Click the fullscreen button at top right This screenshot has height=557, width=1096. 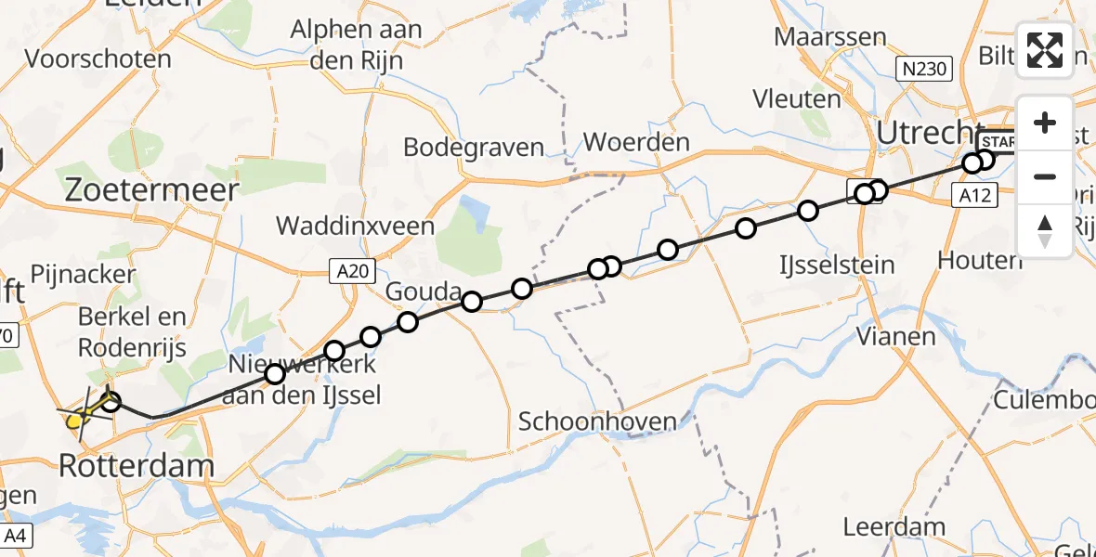pyautogui.click(x=1045, y=50)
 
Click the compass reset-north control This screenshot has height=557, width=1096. pyautogui.click(x=1045, y=231)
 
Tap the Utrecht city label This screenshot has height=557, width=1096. pyautogui.click(x=931, y=134)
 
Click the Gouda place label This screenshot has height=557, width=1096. pyautogui.click(x=424, y=291)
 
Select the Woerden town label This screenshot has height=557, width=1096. pyautogui.click(x=636, y=143)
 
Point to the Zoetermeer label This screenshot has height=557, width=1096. pyautogui.click(x=150, y=188)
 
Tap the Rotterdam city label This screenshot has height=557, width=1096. pyautogui.click(x=137, y=465)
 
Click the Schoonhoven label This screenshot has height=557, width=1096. pyautogui.click(x=597, y=421)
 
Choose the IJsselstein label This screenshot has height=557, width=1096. pyautogui.click(x=836, y=265)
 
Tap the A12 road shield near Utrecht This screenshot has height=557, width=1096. pyautogui.click(x=978, y=194)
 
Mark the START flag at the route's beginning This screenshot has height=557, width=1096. pyautogui.click(x=998, y=141)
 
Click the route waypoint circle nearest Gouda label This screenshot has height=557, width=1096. pyautogui.click(x=472, y=301)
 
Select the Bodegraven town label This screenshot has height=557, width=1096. pyautogui.click(x=474, y=147)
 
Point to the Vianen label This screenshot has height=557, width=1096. pyautogui.click(x=894, y=336)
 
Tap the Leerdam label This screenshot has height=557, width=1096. pyautogui.click(x=894, y=527)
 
